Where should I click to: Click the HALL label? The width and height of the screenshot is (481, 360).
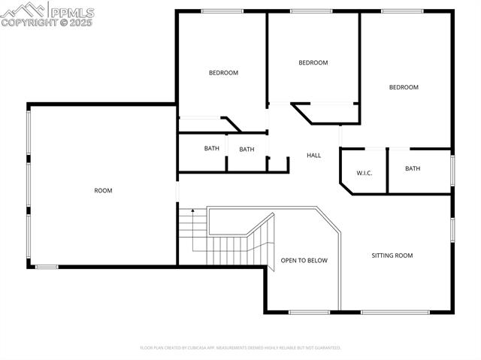point(313,156)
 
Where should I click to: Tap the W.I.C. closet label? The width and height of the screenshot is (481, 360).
point(364,173)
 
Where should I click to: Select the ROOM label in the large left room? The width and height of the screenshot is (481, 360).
point(103,191)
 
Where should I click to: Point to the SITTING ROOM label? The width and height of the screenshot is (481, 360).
point(392,256)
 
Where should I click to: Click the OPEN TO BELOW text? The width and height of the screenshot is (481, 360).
point(304,261)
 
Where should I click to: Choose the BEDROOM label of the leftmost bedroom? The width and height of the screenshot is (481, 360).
point(223,73)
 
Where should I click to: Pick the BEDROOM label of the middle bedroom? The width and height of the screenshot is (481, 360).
point(313,63)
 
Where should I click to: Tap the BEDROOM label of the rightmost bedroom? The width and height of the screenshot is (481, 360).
point(404,88)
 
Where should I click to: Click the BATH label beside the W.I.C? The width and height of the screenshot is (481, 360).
point(413,169)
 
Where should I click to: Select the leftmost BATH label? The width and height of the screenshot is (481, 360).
point(212,149)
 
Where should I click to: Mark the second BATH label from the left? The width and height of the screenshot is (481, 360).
point(247,150)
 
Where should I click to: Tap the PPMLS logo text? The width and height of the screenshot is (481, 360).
point(71,11)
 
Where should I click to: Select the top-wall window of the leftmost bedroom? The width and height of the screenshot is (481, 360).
point(222,11)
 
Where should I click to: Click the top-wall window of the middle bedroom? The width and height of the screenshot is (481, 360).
point(311,11)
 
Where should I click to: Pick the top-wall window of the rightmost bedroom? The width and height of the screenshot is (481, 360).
point(402,11)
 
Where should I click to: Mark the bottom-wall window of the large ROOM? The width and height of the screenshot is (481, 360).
point(47,267)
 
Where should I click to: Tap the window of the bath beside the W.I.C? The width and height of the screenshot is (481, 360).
point(452,169)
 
